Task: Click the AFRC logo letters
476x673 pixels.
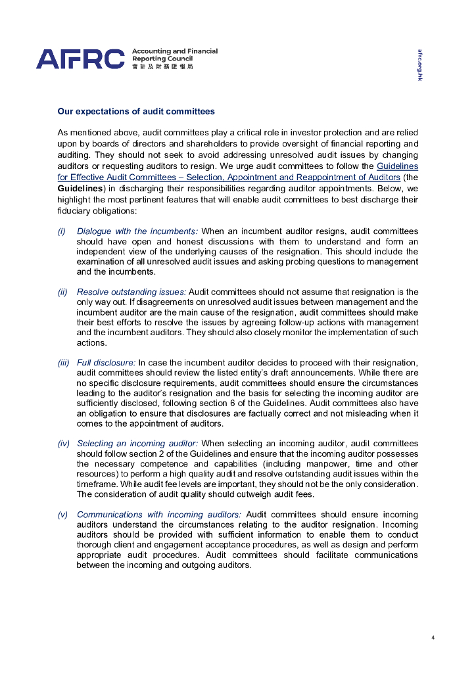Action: [x=80, y=58]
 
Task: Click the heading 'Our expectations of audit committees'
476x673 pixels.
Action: [x=136, y=112]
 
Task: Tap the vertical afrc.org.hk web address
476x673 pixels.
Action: [x=419, y=65]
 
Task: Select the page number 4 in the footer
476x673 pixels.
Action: [x=433, y=637]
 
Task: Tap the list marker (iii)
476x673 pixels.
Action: [x=64, y=363]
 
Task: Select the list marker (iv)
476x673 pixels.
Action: [x=64, y=444]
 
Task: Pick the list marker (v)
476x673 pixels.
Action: [x=62, y=515]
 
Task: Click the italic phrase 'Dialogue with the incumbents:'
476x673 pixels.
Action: [x=137, y=231]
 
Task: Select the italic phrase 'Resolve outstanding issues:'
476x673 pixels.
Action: [x=131, y=292]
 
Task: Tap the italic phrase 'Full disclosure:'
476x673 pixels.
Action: [x=106, y=363]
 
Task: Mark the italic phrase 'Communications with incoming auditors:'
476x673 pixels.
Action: [x=158, y=515]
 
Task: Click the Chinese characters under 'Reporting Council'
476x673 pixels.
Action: [x=162, y=66]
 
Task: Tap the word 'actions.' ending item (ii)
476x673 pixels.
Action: [x=91, y=343]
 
